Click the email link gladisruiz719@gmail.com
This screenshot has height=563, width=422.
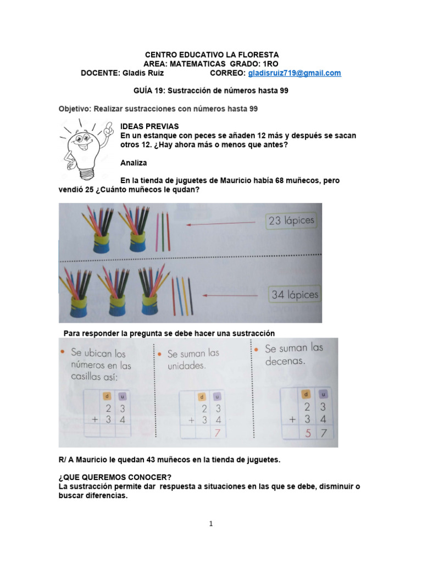(x=295, y=73)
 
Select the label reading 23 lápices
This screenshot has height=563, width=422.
(x=292, y=221)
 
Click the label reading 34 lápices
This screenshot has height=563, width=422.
(x=295, y=295)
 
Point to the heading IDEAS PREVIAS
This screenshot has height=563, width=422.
(x=149, y=126)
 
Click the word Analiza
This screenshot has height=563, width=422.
(x=134, y=163)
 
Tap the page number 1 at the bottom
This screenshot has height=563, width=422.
(x=211, y=524)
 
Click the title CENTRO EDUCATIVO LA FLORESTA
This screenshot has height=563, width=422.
(x=212, y=55)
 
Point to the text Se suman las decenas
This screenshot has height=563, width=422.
(x=293, y=354)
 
